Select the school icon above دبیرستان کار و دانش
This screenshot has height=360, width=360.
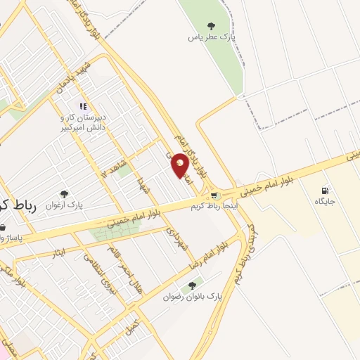point(83,106)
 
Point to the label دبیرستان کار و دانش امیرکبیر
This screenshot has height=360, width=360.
point(82,122)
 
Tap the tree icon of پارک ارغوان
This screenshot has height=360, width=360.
point(64,193)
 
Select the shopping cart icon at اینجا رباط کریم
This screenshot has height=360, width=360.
point(214,195)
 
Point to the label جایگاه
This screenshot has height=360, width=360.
point(324,202)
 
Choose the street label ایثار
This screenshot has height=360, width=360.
point(60,251)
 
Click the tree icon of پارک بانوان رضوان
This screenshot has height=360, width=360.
point(192,285)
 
